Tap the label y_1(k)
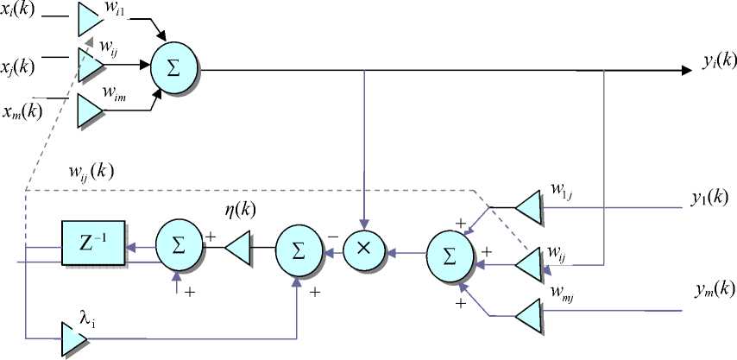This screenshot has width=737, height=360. click(710, 198)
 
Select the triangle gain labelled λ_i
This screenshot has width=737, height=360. click(72, 336)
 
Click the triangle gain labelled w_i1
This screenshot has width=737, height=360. click(89, 15)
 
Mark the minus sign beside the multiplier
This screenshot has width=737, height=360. click(331, 233)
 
